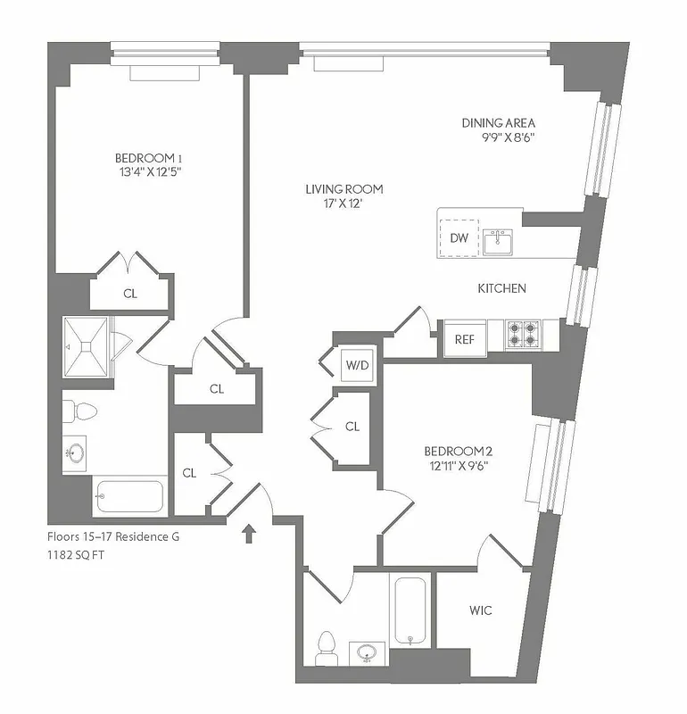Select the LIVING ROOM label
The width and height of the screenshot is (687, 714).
point(343,188)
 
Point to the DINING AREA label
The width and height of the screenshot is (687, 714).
point(498,122)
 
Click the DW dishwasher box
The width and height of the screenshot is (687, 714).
point(459,237)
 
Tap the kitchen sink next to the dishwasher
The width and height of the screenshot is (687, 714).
point(498,241)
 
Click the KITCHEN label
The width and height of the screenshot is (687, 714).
point(501,288)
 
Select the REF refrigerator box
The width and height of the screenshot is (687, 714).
point(464,339)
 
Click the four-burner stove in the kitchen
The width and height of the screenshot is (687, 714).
point(521,334)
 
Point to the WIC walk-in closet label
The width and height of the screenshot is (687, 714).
point(480,610)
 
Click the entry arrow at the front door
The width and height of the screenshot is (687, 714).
point(250,534)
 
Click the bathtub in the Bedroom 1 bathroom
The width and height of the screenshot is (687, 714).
point(129,496)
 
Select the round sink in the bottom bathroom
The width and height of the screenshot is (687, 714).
point(365,653)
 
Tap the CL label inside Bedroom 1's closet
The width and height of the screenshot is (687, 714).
point(130,293)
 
